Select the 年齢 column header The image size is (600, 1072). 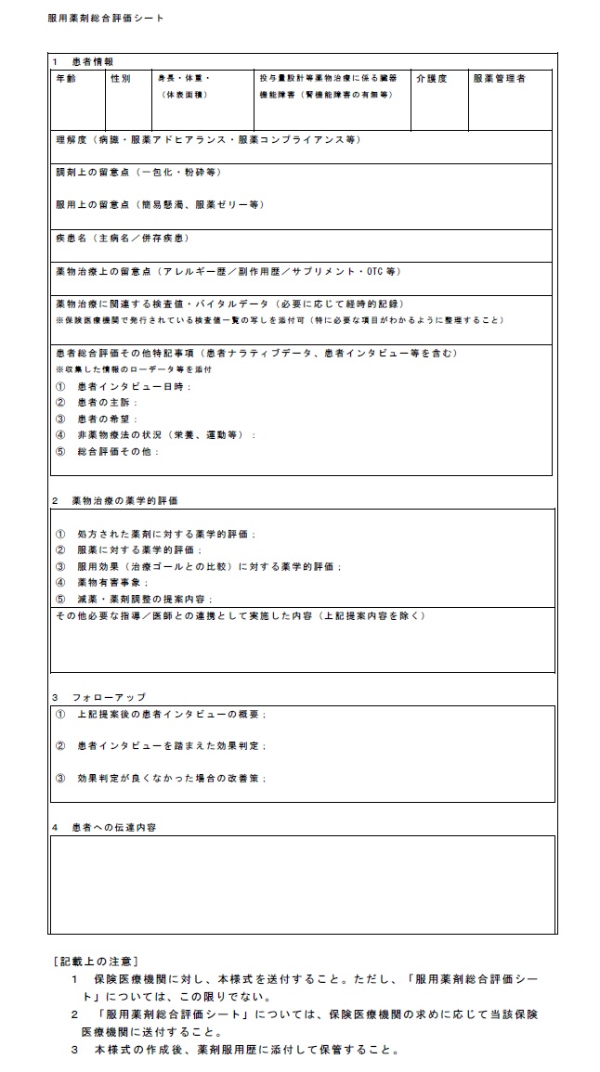66,79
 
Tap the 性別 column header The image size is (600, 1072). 121,79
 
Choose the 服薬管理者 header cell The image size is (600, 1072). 499,79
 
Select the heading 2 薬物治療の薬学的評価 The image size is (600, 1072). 115,500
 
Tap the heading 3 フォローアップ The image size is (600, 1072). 98,696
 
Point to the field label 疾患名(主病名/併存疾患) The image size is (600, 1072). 122,239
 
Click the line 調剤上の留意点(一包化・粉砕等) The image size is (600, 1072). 137,172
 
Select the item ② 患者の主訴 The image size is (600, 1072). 97,402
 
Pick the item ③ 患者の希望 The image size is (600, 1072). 97,419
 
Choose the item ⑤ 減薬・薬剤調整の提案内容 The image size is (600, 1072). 135,599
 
